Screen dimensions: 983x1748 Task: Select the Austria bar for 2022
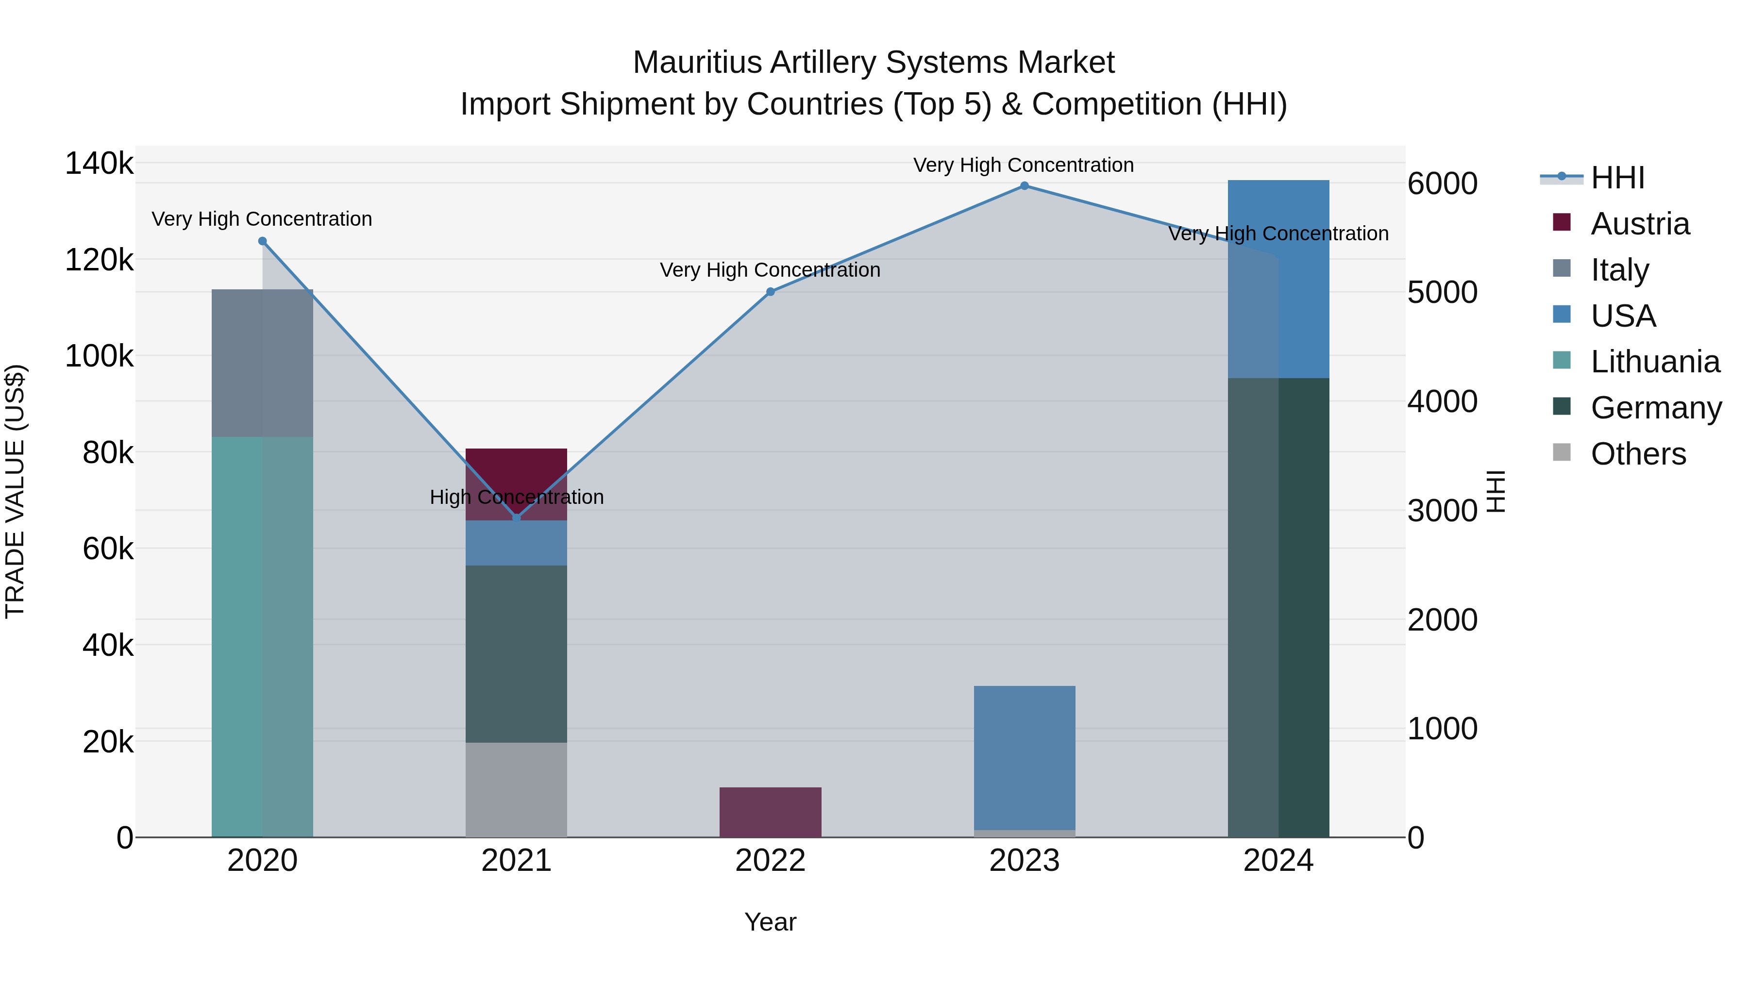click(x=770, y=812)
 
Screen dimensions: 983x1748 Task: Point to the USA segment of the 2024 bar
click(x=1278, y=279)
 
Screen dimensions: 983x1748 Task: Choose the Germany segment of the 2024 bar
click(x=1278, y=607)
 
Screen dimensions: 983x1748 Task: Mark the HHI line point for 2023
click(x=1024, y=186)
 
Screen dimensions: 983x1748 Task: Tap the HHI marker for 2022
click(x=770, y=292)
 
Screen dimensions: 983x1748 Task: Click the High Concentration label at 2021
click(x=517, y=497)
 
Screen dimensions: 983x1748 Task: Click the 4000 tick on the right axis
click(x=1442, y=401)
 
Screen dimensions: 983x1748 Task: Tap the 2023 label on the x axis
click(x=1024, y=861)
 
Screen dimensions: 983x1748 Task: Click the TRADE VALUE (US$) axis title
click(x=15, y=491)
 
